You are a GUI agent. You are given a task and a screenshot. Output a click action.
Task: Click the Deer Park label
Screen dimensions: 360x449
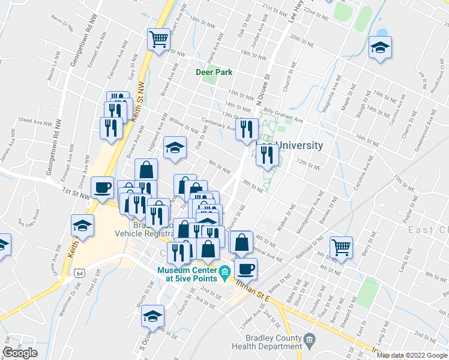coord(214,73)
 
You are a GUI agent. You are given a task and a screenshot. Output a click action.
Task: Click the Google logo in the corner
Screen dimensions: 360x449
coord(20,353)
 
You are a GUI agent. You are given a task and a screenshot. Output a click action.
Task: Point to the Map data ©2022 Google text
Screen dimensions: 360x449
coord(412,355)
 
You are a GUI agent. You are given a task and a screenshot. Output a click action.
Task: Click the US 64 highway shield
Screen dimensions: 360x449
coord(80,272)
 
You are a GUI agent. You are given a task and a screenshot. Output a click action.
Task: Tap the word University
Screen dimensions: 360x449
coord(300,145)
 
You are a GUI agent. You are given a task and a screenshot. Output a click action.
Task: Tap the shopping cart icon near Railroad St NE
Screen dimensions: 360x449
coord(341,246)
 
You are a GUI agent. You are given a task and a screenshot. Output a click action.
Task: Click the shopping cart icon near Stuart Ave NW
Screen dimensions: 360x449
coord(159,40)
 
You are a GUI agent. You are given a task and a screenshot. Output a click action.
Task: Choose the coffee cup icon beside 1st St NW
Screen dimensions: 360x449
coord(102,187)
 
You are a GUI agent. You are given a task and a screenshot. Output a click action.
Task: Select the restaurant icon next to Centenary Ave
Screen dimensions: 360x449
coord(247,128)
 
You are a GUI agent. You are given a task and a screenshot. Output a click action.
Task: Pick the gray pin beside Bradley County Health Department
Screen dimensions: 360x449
coord(309,340)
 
